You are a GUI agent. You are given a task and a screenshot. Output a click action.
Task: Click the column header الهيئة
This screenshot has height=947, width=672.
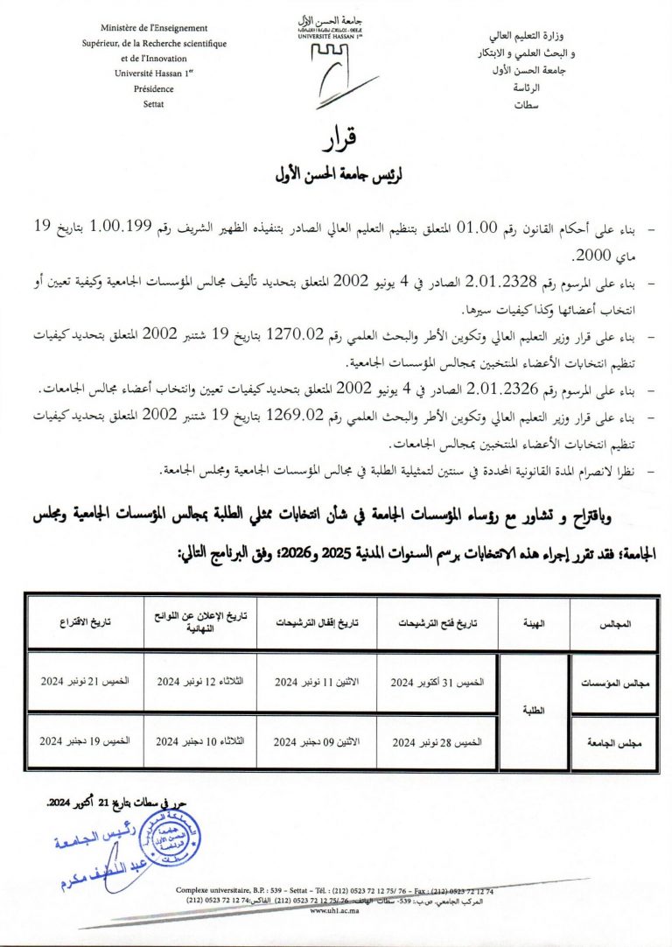click(x=534, y=625)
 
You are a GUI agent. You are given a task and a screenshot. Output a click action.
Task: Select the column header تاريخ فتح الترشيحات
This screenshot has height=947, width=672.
click(x=437, y=625)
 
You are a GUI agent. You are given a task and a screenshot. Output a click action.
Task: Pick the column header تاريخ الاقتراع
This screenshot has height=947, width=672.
click(x=84, y=625)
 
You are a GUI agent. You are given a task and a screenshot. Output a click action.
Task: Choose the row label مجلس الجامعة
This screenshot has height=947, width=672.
click(x=614, y=742)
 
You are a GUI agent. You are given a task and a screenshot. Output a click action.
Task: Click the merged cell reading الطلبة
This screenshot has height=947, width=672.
click(x=534, y=711)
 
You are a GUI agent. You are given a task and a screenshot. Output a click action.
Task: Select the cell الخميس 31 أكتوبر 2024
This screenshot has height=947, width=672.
click(x=437, y=681)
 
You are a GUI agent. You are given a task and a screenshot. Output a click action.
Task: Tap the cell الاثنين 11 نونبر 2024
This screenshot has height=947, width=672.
click(x=314, y=681)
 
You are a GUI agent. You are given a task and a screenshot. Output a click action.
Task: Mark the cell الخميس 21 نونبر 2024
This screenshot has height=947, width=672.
click(x=84, y=681)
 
